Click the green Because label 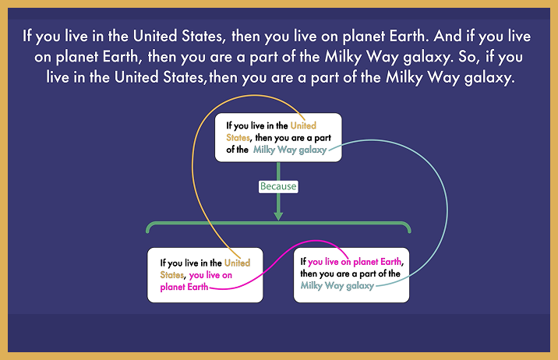278,186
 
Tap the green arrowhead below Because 278,217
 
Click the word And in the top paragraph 447,36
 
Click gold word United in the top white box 303,125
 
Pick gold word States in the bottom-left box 172,275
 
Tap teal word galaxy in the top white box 313,150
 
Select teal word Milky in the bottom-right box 312,286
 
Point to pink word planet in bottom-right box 366,262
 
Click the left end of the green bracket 147,231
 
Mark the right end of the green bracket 409,231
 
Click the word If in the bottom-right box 303,262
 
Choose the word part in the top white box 323,138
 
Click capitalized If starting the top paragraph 27,36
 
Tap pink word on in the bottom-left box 227,275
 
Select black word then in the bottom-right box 309,274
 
